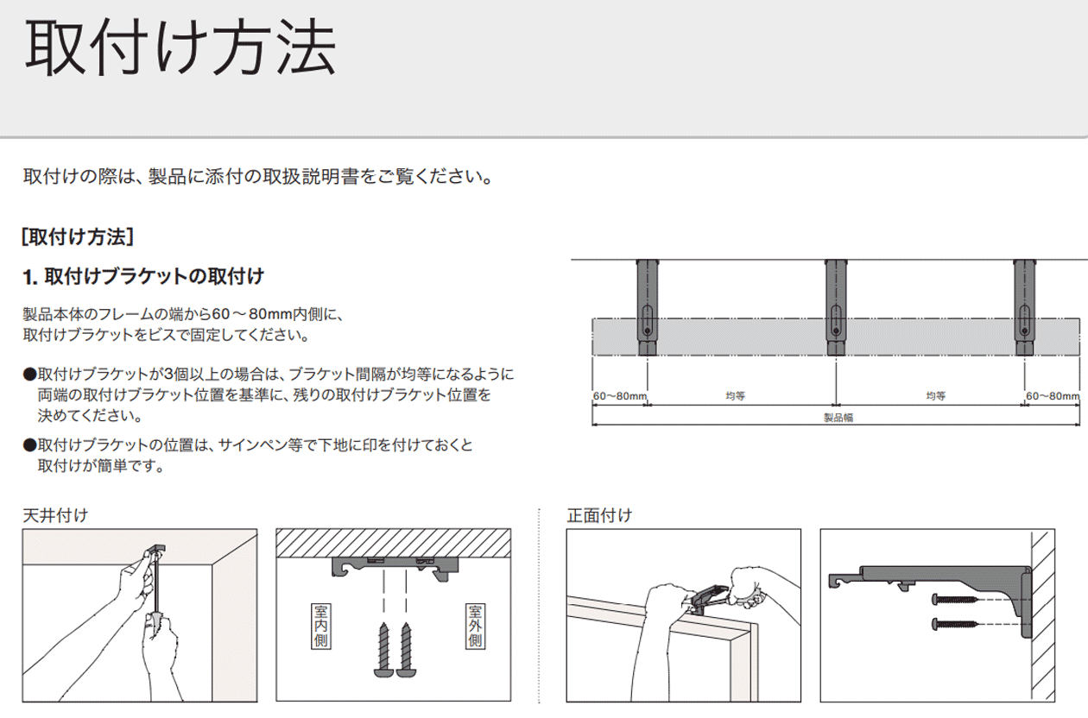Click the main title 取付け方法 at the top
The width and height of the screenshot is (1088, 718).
click(180, 48)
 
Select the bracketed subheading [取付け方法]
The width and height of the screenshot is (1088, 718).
click(78, 237)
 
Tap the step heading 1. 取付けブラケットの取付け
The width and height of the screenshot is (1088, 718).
click(143, 276)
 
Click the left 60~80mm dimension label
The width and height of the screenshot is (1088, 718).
click(620, 395)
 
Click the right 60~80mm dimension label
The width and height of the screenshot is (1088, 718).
click(1053, 395)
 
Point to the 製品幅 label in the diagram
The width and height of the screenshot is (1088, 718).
click(838, 418)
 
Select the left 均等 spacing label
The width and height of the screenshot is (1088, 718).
click(736, 396)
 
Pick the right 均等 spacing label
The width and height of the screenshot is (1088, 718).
click(935, 396)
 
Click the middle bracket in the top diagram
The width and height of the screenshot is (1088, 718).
click(836, 307)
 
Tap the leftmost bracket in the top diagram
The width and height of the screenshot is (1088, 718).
click(648, 307)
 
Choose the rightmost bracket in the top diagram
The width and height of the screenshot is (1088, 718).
click(1024, 307)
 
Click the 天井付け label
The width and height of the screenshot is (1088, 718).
click(55, 515)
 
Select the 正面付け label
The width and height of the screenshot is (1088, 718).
click(599, 515)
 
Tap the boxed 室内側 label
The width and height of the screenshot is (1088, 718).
click(320, 627)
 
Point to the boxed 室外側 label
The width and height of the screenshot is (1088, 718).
click(475, 627)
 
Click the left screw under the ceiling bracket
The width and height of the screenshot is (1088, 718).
click(383, 651)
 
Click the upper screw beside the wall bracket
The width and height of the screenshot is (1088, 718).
click(954, 600)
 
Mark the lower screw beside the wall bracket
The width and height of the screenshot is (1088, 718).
click(954, 624)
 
